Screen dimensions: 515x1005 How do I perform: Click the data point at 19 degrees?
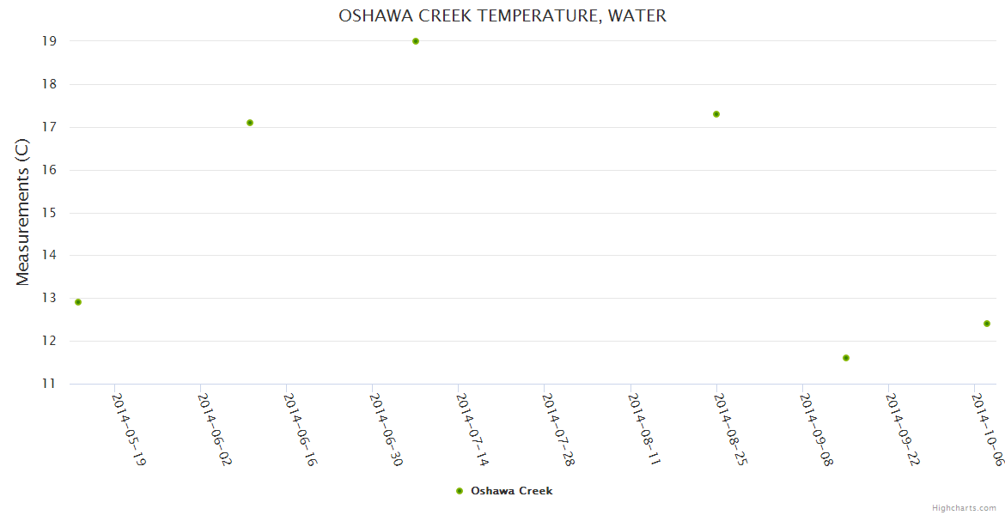416,41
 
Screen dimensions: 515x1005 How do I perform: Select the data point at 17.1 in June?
250,123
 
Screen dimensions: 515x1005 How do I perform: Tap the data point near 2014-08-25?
716,114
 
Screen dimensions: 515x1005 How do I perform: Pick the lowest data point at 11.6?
846,358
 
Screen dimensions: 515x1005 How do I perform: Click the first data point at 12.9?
78,302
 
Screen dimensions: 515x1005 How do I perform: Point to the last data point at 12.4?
987,324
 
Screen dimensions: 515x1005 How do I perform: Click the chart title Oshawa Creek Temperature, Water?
502,15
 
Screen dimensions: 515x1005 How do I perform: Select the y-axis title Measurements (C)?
23,213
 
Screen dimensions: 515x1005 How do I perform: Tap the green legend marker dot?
460,491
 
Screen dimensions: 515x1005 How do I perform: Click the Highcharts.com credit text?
964,508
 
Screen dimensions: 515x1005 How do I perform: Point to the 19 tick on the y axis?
48,41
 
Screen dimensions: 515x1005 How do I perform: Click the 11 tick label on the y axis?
48,384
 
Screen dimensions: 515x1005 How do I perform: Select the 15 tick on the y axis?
48,213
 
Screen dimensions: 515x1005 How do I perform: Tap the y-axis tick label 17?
48,127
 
